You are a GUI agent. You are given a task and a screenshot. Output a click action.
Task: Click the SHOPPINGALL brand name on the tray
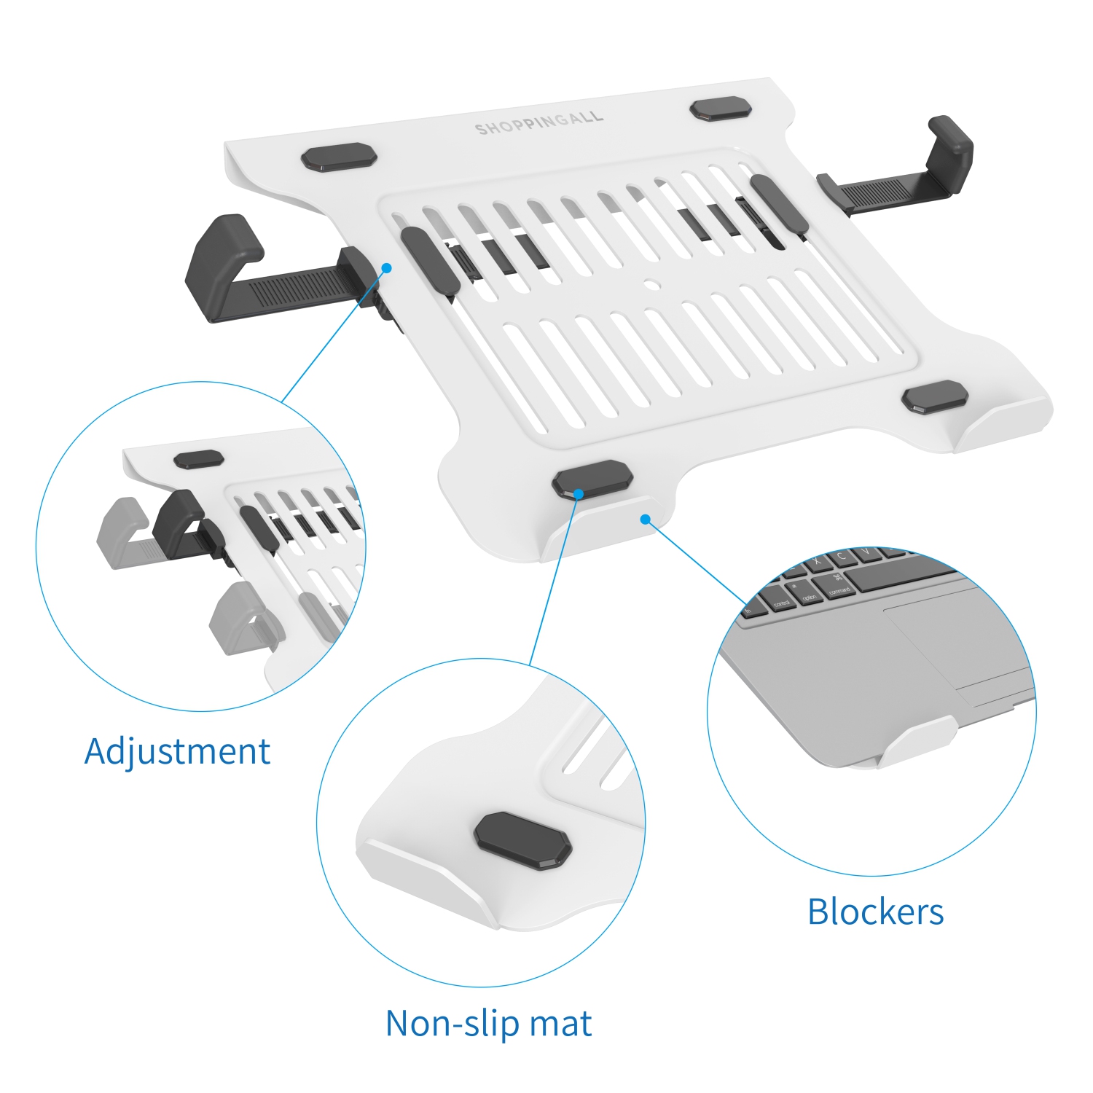click(539, 123)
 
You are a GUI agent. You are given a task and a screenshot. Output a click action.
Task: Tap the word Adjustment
click(177, 751)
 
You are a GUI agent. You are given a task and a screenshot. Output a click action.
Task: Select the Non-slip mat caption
click(488, 1023)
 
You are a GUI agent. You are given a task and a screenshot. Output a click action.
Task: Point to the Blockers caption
click(875, 912)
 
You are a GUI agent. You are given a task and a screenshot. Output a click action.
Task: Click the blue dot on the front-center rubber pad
click(578, 494)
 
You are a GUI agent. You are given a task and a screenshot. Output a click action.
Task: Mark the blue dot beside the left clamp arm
click(387, 268)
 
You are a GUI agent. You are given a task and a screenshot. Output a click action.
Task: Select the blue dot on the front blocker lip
click(645, 519)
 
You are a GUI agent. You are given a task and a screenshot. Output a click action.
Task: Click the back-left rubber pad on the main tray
click(339, 157)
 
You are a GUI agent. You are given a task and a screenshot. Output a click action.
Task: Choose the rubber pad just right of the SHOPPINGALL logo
click(720, 109)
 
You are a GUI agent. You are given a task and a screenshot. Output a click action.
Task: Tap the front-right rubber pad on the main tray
click(935, 397)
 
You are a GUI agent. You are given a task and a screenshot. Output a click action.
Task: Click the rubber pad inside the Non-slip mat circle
click(522, 842)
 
